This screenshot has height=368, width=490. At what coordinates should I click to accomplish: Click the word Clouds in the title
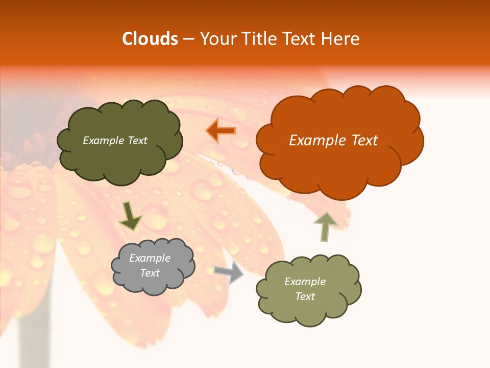point(150,39)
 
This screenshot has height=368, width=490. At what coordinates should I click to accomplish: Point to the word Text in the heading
point(301,39)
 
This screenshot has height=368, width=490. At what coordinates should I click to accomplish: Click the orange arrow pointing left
point(221,130)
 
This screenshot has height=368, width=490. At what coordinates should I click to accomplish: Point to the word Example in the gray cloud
point(150,258)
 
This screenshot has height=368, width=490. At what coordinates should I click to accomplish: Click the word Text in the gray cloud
point(150,273)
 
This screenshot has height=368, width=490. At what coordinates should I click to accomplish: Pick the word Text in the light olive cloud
point(305,296)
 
